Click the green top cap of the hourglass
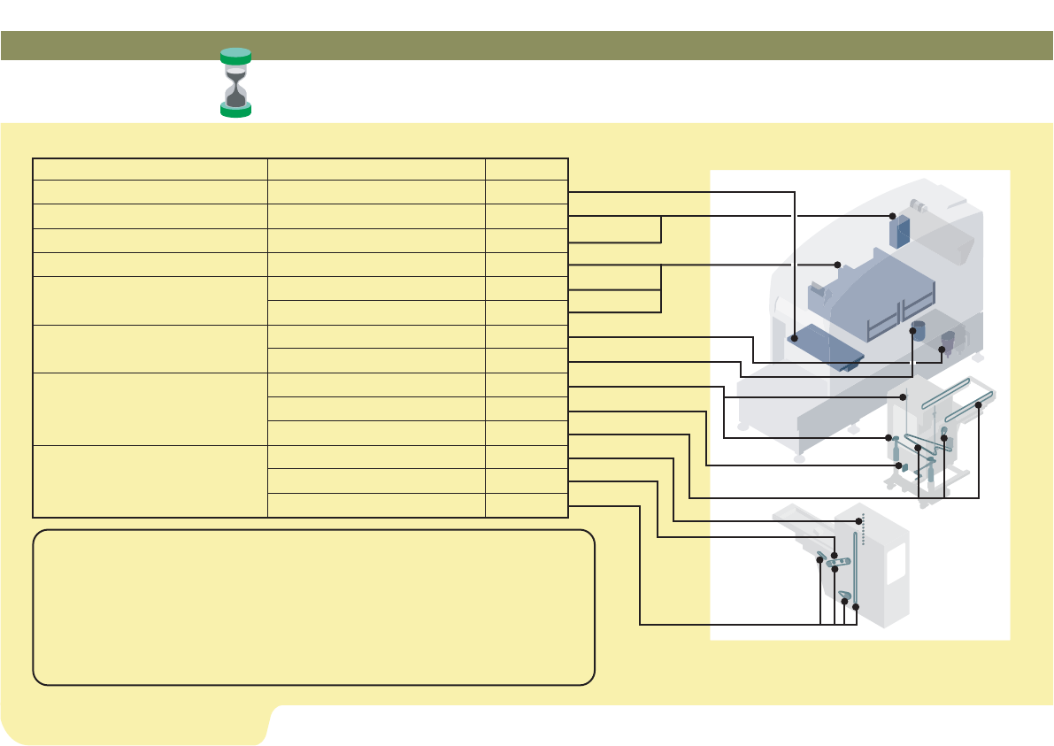[x=235, y=56]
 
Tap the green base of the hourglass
[x=235, y=110]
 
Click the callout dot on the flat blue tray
[x=796, y=337]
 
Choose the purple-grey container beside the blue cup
[x=950, y=341]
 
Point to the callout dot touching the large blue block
[x=837, y=265]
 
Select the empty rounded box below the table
[x=313, y=607]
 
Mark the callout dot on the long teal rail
[x=979, y=405]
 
